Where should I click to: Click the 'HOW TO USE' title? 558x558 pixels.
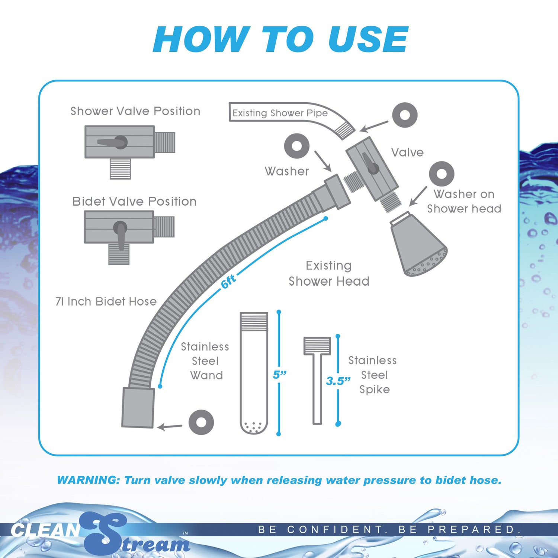(280, 39)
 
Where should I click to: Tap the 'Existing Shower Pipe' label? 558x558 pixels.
(280, 113)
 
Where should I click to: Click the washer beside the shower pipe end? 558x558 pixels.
(405, 115)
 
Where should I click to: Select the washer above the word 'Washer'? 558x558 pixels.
(296, 146)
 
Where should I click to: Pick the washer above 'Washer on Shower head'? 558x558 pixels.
(441, 174)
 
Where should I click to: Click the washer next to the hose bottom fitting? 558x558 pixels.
(201, 422)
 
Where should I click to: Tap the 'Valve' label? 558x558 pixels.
(407, 153)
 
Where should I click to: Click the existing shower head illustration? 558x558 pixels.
(417, 246)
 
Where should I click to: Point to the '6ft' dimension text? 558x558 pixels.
(228, 282)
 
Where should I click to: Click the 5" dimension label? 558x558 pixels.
(279, 375)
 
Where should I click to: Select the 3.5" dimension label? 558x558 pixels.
(338, 381)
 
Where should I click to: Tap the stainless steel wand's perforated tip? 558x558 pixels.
(254, 426)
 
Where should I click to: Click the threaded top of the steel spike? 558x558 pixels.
(317, 346)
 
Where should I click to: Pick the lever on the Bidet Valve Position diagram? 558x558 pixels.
(120, 234)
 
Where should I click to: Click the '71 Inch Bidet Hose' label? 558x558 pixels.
(106, 301)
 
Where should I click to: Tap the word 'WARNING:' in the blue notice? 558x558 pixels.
(88, 480)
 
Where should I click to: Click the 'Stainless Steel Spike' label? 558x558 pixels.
(373, 375)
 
